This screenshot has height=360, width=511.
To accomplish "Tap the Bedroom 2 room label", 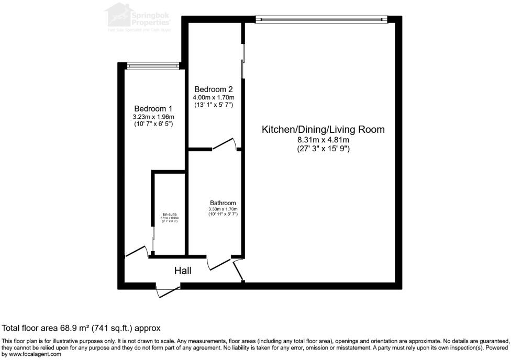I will point(213,89).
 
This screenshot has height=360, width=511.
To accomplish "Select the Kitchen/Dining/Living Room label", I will point(323,129).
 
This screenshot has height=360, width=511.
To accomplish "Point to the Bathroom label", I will point(223,203).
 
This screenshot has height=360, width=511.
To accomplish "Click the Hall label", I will point(183,271).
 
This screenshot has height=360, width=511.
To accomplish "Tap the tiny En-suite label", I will point(169,215).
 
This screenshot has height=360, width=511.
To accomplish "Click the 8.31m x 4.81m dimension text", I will point(323,140).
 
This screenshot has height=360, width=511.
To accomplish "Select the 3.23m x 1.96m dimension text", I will point(153,117).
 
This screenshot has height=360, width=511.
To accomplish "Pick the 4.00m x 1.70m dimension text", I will point(214,97).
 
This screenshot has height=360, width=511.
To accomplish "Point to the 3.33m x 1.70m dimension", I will point(223,209).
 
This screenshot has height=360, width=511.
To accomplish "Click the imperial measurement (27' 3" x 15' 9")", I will point(323,149).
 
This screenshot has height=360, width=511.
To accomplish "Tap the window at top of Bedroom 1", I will point(153,66).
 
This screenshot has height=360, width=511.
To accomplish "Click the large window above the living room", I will point(321,19).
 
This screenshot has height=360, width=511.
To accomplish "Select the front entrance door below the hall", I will point(168,290).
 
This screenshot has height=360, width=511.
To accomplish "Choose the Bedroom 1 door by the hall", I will point(136,252).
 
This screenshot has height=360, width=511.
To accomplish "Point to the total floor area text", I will point(81,328).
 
